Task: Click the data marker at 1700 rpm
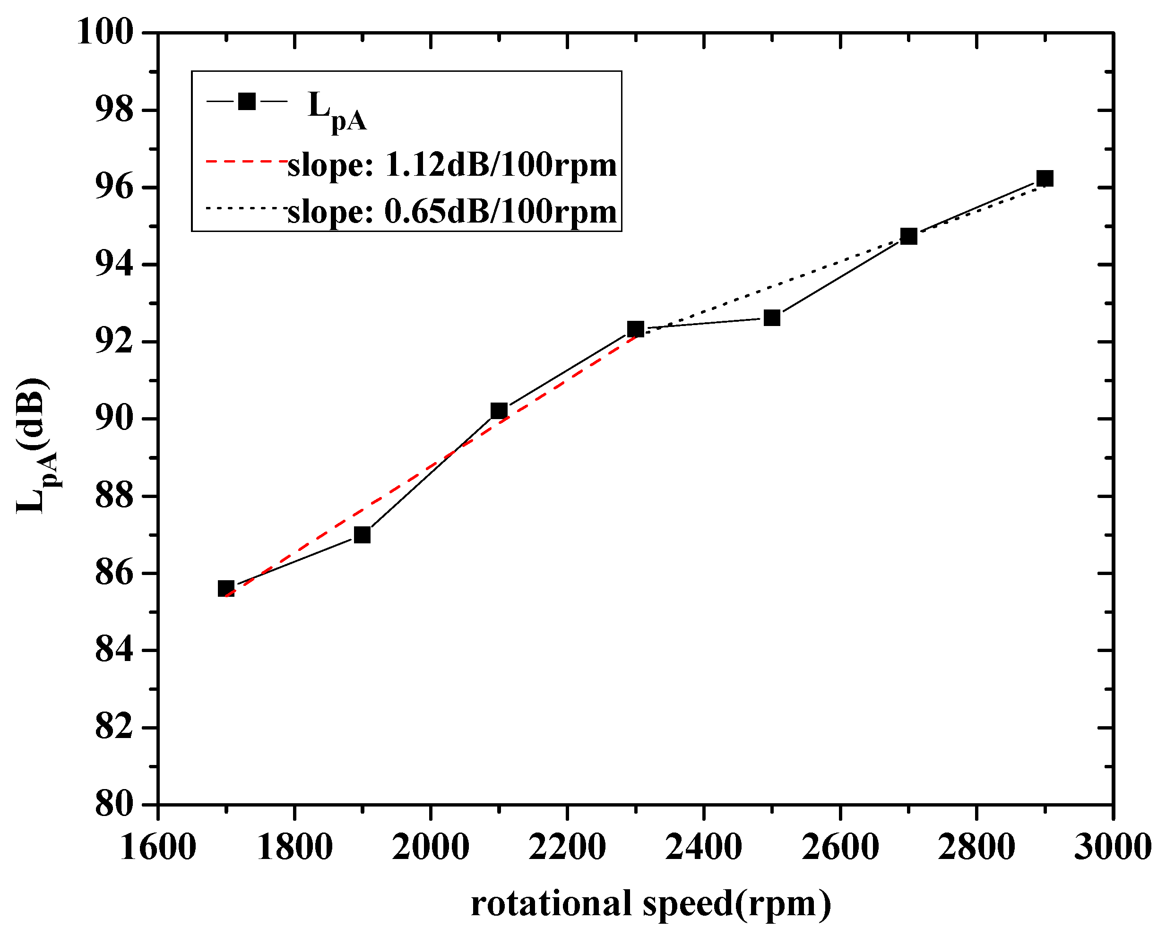click(x=226, y=589)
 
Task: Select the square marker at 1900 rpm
click(x=363, y=535)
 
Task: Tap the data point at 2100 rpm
click(x=499, y=411)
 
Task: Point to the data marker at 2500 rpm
click(x=772, y=318)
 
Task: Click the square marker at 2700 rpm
click(x=909, y=236)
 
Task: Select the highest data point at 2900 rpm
click(x=1045, y=179)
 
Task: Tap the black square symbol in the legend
click(x=247, y=101)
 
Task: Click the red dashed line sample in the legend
click(x=247, y=161)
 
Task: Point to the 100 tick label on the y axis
click(x=105, y=33)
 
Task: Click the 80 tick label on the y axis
click(x=114, y=805)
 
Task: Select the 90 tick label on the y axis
click(x=114, y=419)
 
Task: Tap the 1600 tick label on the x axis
click(x=157, y=847)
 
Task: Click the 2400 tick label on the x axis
click(x=704, y=847)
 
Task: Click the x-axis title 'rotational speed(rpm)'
click(x=651, y=903)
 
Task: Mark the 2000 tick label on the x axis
click(x=431, y=847)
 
